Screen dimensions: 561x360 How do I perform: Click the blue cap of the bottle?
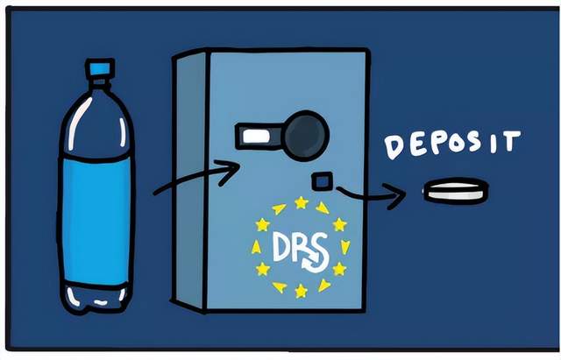(x=100, y=68)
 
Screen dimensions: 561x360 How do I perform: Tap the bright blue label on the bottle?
(x=96, y=221)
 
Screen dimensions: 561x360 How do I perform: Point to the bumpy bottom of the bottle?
(x=96, y=298)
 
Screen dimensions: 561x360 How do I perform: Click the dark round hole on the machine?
(x=306, y=136)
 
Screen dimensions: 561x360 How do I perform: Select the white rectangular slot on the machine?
(x=256, y=137)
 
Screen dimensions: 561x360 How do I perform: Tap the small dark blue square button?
(x=323, y=181)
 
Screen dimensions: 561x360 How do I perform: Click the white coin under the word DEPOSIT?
(x=456, y=191)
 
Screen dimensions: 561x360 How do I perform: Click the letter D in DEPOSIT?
(x=394, y=147)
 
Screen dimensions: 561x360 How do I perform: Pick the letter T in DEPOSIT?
(x=510, y=141)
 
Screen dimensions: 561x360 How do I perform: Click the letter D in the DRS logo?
(x=280, y=246)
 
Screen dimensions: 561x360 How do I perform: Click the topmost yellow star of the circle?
(x=302, y=202)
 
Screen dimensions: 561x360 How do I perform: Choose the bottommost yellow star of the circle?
(x=301, y=292)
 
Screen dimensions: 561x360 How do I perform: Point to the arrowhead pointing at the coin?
(x=395, y=195)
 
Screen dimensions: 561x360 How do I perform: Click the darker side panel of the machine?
(x=190, y=180)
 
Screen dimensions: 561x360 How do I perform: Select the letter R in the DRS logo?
(x=298, y=247)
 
